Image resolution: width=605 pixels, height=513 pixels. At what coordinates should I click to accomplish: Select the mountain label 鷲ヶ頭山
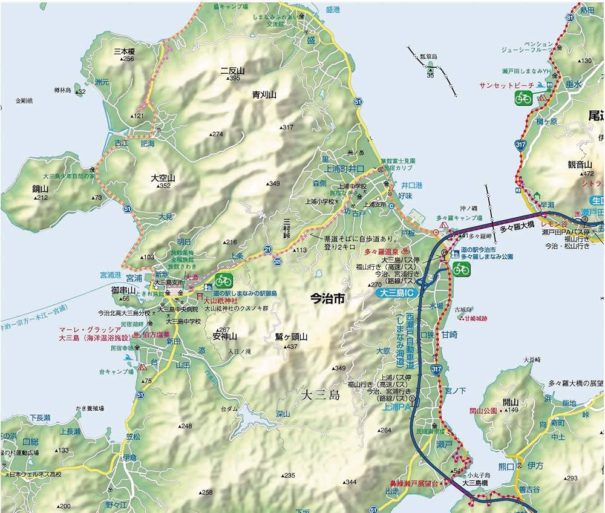pos(292,338)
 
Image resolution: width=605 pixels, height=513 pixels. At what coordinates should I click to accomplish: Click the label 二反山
pos(232,71)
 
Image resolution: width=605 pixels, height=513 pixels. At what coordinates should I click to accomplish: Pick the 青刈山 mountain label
pos(264,95)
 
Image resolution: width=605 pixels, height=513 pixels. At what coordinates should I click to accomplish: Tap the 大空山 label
pos(163,178)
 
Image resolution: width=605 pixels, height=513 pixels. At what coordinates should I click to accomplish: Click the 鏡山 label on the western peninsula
pos(41,189)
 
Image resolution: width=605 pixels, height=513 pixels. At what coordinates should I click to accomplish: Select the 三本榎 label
pos(124,51)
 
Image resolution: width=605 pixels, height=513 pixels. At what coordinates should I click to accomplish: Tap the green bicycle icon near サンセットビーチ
pos(523,98)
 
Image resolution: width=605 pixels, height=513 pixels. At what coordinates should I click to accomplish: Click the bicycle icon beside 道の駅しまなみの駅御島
pos(224,280)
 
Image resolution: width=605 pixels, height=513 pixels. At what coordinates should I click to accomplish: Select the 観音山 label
pos(579,165)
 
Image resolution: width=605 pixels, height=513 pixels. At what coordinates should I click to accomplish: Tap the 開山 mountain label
pos(511,402)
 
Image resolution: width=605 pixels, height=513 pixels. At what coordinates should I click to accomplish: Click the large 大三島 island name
pos(321,396)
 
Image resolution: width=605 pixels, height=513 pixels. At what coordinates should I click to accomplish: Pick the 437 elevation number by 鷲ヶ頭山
pos(292,347)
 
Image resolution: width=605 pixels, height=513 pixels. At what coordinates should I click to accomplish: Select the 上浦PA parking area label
pos(396,408)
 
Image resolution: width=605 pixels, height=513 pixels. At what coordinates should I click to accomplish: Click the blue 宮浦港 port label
pos(111,275)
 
